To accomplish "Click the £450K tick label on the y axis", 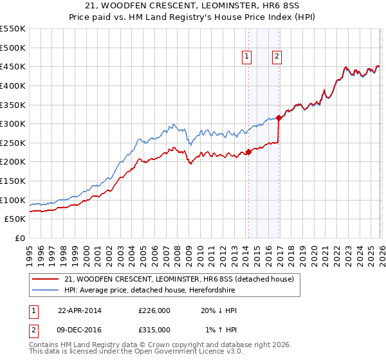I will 13,66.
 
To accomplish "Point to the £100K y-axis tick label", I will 13,200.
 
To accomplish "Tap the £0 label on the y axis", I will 20,238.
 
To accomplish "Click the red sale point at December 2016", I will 279,118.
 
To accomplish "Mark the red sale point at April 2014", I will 248,152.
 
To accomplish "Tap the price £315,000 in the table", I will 154,329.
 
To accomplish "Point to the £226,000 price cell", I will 154,310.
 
